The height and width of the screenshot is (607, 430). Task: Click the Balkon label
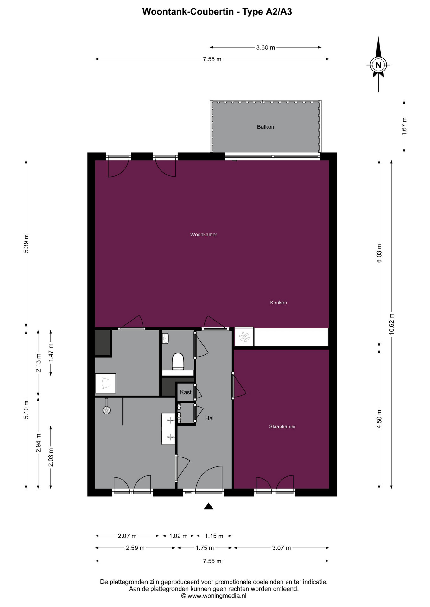[265, 127]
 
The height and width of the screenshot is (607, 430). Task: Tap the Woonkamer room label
[204, 235]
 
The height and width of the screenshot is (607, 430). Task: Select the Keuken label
[278, 303]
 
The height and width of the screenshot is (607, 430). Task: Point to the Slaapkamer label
[282, 426]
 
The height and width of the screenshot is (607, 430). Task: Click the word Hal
[209, 418]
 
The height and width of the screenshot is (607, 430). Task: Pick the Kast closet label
[186, 392]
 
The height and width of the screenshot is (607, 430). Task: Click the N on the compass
[378, 65]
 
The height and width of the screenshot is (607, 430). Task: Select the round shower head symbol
[106, 410]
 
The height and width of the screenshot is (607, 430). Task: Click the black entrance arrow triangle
[208, 506]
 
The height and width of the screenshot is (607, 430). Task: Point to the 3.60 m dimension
[266, 47]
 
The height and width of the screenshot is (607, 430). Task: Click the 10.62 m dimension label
[392, 324]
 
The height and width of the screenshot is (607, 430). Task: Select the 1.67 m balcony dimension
[404, 126]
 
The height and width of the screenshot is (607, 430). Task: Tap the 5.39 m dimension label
[26, 243]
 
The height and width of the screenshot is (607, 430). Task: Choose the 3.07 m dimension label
[281, 548]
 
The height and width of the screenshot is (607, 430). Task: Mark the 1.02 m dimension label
[178, 536]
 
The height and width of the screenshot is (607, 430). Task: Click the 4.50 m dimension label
[379, 419]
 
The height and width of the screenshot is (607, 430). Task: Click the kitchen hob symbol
[244, 337]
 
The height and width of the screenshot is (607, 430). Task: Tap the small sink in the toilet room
[165, 338]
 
